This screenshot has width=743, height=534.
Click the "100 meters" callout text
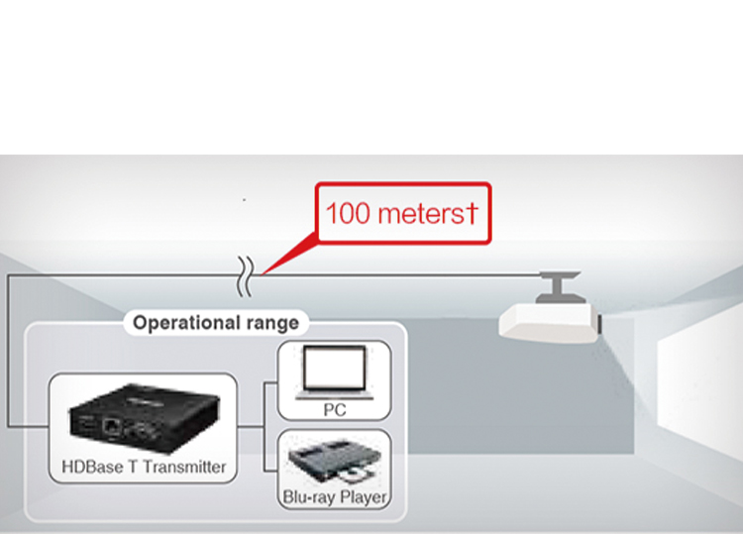click(x=401, y=213)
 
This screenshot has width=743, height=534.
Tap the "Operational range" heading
click(x=215, y=323)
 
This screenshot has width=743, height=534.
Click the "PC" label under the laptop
click(x=335, y=408)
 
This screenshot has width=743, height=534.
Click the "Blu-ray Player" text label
click(x=335, y=496)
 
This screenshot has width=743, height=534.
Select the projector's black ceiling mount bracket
click(x=557, y=287)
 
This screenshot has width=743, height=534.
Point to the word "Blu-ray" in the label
click(x=309, y=496)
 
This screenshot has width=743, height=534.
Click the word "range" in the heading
click(x=272, y=323)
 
